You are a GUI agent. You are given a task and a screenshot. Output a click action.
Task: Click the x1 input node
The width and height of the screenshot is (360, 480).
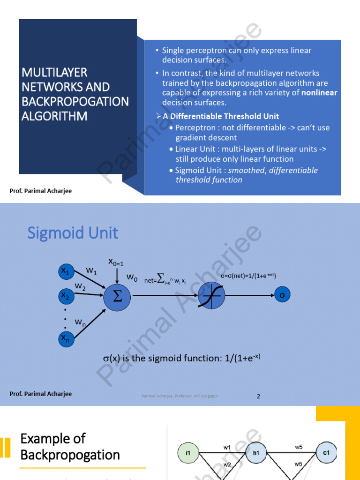pos(65,271)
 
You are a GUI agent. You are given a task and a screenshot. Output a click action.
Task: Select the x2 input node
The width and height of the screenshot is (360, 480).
pos(65,296)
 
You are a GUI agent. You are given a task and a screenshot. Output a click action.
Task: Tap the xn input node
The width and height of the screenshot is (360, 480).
pos(65,338)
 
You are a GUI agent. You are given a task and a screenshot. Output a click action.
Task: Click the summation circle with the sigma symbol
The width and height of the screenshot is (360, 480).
pos(117,296)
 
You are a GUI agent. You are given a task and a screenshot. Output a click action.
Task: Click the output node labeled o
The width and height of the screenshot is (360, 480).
pos(282,295)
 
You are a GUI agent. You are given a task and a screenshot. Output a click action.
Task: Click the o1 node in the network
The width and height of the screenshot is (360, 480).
pos(326,453)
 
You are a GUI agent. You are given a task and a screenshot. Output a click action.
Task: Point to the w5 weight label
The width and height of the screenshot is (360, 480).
pos(299,447)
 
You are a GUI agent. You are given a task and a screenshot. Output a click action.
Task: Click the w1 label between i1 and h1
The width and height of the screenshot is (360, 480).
pos(227,447)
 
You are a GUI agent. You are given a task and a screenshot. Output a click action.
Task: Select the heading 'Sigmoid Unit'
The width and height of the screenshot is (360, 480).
pos(73,233)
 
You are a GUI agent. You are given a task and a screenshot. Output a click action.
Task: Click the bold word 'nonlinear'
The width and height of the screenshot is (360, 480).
pos(319,93)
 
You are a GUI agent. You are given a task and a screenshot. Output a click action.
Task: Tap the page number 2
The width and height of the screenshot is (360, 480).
pos(258,396)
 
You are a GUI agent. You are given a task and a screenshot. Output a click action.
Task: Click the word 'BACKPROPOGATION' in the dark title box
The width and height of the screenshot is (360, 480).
pos(75,101)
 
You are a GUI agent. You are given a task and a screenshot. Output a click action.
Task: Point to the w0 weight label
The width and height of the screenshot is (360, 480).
pos(132,278)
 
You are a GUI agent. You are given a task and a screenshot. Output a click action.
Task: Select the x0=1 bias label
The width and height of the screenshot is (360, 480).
pos(116,262)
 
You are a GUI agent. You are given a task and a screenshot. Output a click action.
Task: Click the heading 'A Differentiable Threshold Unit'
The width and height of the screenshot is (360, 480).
pos(220,116)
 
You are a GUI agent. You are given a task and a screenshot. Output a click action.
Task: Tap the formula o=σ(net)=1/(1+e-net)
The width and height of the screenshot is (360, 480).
pos(248,276)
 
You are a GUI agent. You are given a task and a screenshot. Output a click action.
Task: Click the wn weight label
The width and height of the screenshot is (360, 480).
pos(80,323)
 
